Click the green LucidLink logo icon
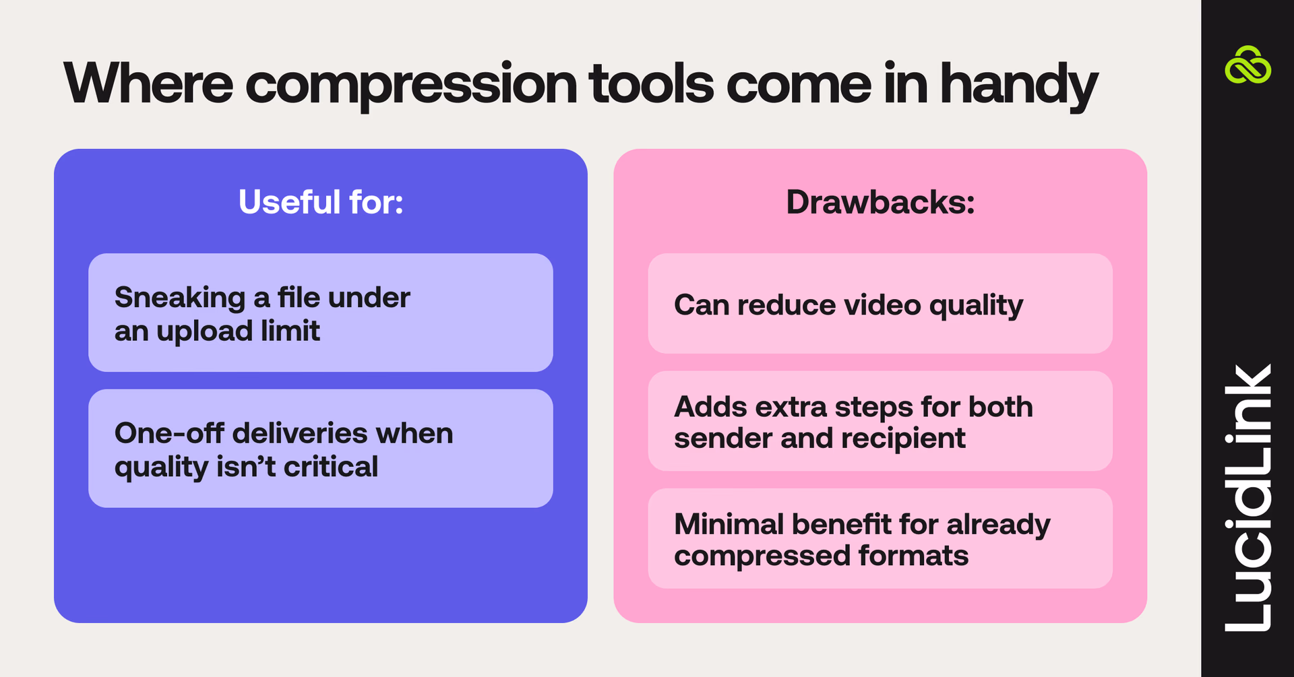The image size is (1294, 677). point(1247,66)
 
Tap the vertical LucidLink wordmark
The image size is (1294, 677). point(1247,498)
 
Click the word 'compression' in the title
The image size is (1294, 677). point(411,85)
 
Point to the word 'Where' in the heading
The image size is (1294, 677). point(148,84)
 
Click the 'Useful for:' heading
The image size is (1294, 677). point(321,202)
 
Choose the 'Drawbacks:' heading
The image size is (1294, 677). point(880,202)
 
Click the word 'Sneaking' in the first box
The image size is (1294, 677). point(180,298)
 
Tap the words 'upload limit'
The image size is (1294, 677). point(238,331)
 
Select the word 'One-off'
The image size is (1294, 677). point(168,433)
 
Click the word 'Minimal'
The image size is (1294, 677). point(728,524)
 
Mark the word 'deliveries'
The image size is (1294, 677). point(299,433)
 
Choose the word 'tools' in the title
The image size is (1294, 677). point(651,84)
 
